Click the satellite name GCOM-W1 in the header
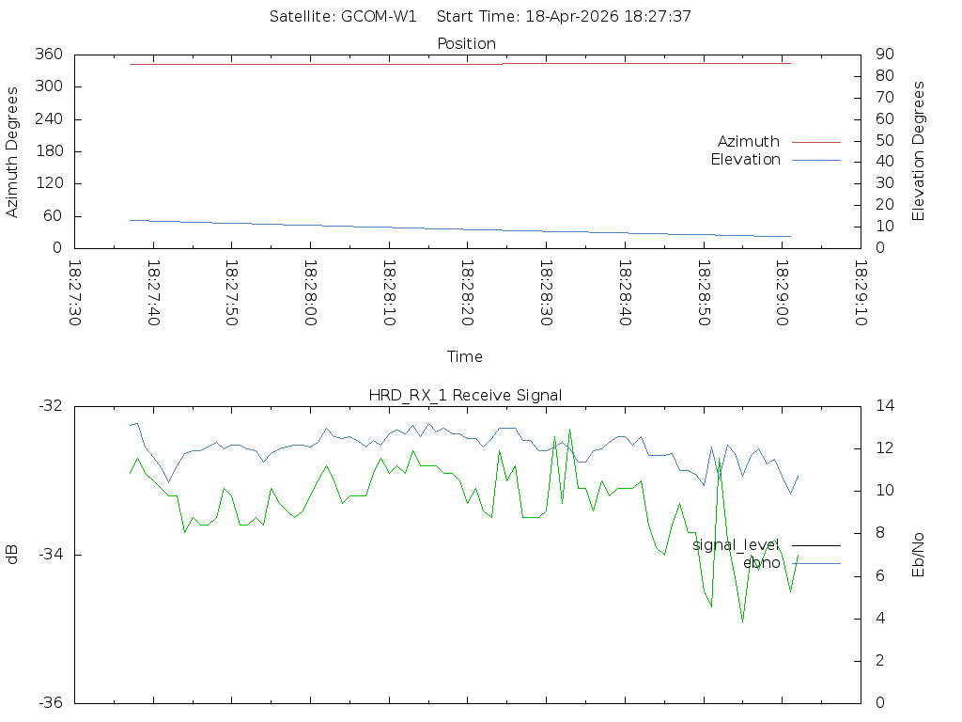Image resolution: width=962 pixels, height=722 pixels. click(379, 16)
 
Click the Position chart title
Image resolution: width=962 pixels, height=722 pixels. click(466, 43)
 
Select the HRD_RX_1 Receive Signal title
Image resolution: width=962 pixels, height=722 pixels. click(465, 395)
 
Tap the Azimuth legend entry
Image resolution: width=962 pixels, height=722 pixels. click(749, 141)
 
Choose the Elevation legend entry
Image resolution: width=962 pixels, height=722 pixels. click(745, 160)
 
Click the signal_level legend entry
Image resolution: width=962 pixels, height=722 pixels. click(736, 544)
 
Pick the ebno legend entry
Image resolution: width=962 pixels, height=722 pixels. click(761, 563)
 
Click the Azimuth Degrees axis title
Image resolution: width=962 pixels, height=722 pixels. click(12, 151)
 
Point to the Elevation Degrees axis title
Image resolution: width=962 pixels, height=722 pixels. click(919, 150)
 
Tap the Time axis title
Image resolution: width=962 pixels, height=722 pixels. click(465, 356)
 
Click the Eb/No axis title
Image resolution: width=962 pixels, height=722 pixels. click(919, 555)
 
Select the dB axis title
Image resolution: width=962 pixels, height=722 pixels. click(12, 555)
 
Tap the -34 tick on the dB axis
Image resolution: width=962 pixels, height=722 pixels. click(50, 555)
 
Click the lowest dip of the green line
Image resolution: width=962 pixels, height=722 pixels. click(742, 621)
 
